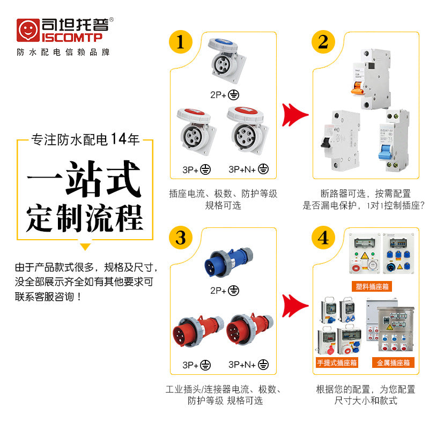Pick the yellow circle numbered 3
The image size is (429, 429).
point(181,238)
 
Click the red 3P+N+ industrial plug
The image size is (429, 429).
point(247,330)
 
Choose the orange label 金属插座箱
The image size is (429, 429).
point(393,363)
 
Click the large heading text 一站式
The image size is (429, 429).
point(85,177)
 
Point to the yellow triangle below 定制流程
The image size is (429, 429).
point(85,247)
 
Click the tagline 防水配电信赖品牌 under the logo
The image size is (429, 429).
point(63,53)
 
